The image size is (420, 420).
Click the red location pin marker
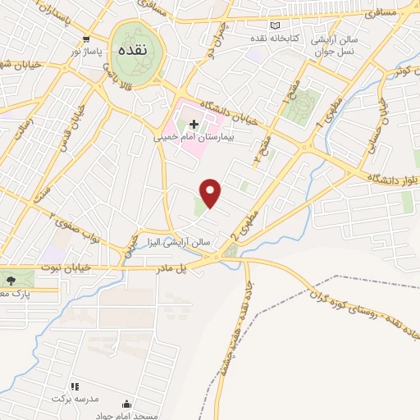point(212,193)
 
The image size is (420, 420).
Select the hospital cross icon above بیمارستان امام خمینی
point(194,124)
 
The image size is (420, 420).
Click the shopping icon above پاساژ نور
point(85,39)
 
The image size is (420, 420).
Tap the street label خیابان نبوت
point(61,268)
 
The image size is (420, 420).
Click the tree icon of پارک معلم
point(10,281)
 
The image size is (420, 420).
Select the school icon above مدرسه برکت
point(74,386)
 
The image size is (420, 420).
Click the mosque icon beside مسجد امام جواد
point(126,404)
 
